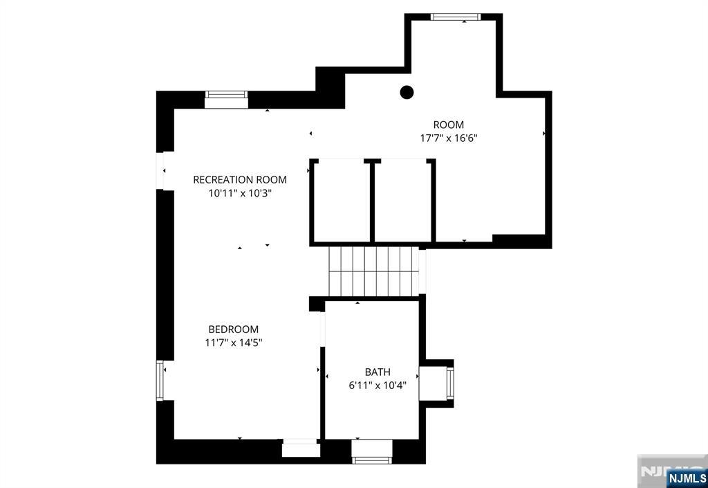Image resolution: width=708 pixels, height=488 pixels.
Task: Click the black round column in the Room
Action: click(x=407, y=92)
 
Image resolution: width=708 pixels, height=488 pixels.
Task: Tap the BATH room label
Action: click(x=378, y=372)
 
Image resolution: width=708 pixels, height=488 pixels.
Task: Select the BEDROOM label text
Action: click(x=234, y=329)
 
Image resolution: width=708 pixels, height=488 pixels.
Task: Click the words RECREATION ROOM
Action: click(x=240, y=179)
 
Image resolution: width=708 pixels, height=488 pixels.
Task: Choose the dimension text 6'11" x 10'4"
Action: click(x=378, y=386)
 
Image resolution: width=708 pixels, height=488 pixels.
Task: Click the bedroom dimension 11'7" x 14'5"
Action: click(x=234, y=343)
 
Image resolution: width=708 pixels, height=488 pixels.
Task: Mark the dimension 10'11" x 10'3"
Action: click(x=240, y=193)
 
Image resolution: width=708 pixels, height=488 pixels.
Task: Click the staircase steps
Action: click(x=374, y=271)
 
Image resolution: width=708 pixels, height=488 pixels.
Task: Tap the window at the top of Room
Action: click(x=455, y=17)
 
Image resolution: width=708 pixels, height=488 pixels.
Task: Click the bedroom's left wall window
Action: click(x=160, y=380)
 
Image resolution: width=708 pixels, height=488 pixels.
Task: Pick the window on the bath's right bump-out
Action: click(x=450, y=383)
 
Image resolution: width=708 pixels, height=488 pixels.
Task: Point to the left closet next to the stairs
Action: click(x=342, y=201)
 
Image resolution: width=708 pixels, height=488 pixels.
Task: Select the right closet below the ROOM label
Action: click(x=403, y=201)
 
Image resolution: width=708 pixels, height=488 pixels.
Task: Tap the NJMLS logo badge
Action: click(x=687, y=478)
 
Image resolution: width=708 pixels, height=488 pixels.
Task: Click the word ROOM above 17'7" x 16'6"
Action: click(x=448, y=125)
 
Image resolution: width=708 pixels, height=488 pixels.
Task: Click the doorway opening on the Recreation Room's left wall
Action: click(x=160, y=171)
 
